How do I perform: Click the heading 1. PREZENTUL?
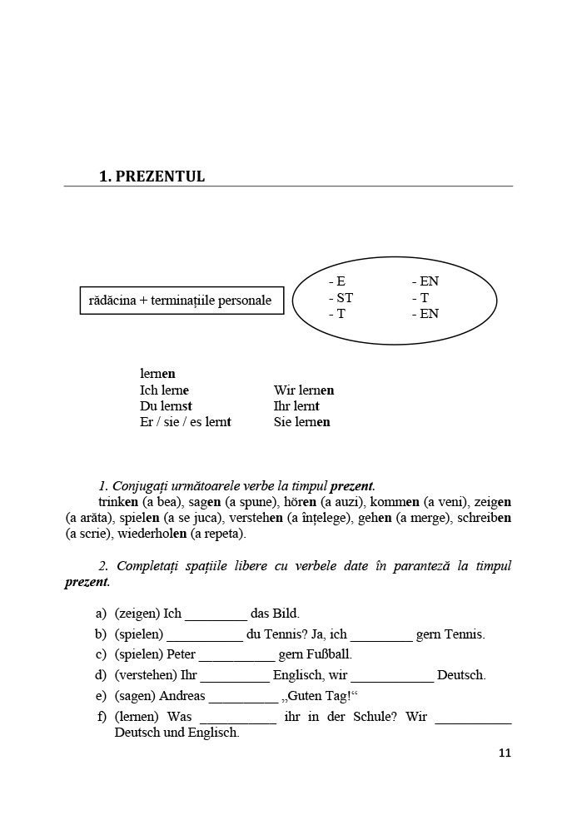coord(152,176)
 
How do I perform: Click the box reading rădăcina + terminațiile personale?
coord(181,301)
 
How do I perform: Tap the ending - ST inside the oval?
coord(341,298)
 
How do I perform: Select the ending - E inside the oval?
coord(337,281)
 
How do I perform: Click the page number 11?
coord(505,753)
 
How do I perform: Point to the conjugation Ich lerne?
coord(164,390)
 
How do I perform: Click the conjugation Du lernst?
coord(166,406)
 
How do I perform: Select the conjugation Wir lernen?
coord(304,390)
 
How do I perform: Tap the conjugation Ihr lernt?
coord(296,406)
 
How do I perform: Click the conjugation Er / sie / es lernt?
coord(185,422)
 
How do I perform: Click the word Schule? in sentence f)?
coord(370,717)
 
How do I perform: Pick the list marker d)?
coord(101,675)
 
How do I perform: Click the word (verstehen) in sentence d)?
coord(145,675)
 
